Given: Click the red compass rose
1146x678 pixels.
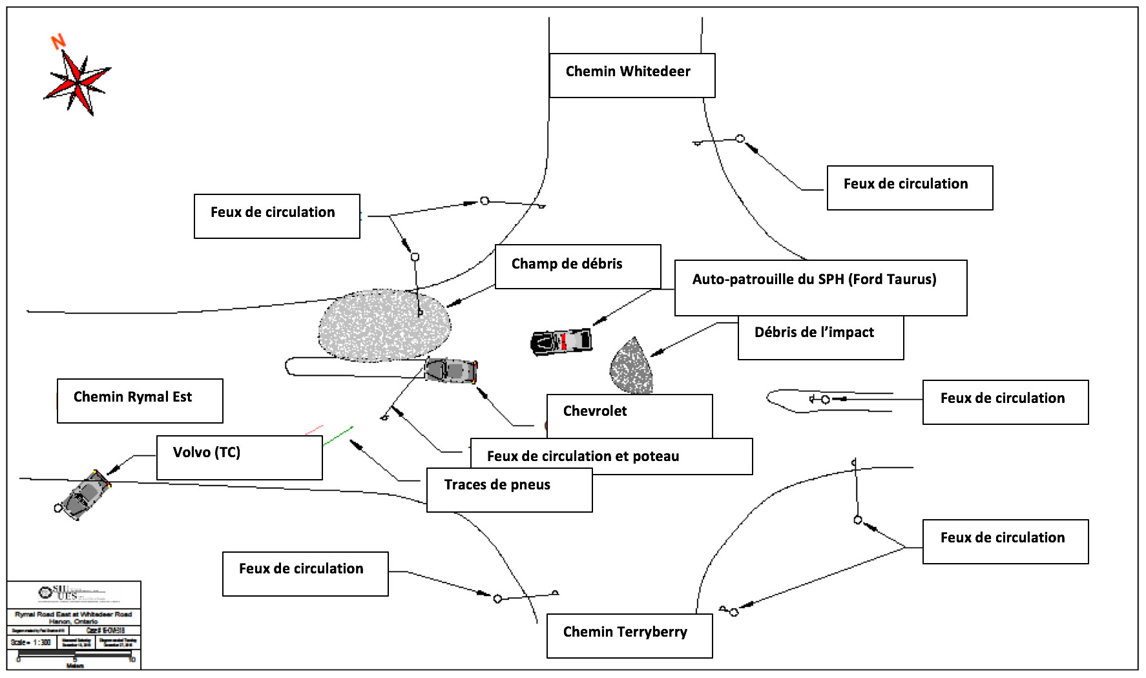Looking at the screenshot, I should tap(78, 83).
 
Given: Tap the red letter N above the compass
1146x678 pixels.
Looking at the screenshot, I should tap(59, 42).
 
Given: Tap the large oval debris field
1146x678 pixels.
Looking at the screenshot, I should tap(384, 325).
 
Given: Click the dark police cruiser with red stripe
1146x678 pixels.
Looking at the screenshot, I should tap(561, 342).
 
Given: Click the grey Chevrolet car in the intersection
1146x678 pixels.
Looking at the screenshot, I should tap(451, 371).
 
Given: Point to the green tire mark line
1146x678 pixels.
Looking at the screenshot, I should tap(338, 436).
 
